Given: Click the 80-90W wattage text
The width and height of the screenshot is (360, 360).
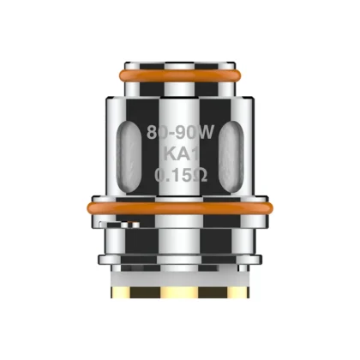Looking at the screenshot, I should [x=180, y=135].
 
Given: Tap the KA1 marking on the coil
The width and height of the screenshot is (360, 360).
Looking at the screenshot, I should [x=181, y=156].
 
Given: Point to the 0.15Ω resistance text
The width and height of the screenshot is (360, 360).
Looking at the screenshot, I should [x=180, y=177].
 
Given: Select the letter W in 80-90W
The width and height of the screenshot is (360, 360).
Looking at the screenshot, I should [x=203, y=135].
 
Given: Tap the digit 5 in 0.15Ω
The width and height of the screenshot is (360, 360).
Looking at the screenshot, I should [x=186, y=177].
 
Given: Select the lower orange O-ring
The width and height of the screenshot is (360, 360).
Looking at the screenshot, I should [x=180, y=206].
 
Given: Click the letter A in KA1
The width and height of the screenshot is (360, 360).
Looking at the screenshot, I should [x=182, y=156].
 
